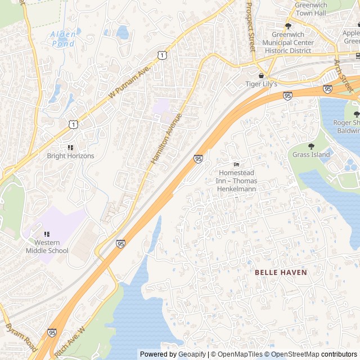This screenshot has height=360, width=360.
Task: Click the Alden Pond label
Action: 62,38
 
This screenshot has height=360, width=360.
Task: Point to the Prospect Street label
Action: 250,25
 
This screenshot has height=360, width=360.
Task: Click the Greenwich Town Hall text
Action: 310,8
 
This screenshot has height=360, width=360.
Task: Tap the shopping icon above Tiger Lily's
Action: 261,75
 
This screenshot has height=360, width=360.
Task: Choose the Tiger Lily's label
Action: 261,84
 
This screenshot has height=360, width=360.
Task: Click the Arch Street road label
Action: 344,76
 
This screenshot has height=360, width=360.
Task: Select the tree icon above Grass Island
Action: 311,146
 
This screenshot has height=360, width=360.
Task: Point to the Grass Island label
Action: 311,155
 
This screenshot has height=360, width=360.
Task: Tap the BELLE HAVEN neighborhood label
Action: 281,272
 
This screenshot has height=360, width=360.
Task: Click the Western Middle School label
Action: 47,246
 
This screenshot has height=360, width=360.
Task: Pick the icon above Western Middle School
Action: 47,234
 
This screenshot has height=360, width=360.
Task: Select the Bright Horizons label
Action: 70,156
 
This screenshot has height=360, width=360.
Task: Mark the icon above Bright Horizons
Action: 70,147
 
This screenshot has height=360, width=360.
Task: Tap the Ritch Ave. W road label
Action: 74,339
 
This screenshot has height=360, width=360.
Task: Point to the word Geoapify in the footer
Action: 191,354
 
